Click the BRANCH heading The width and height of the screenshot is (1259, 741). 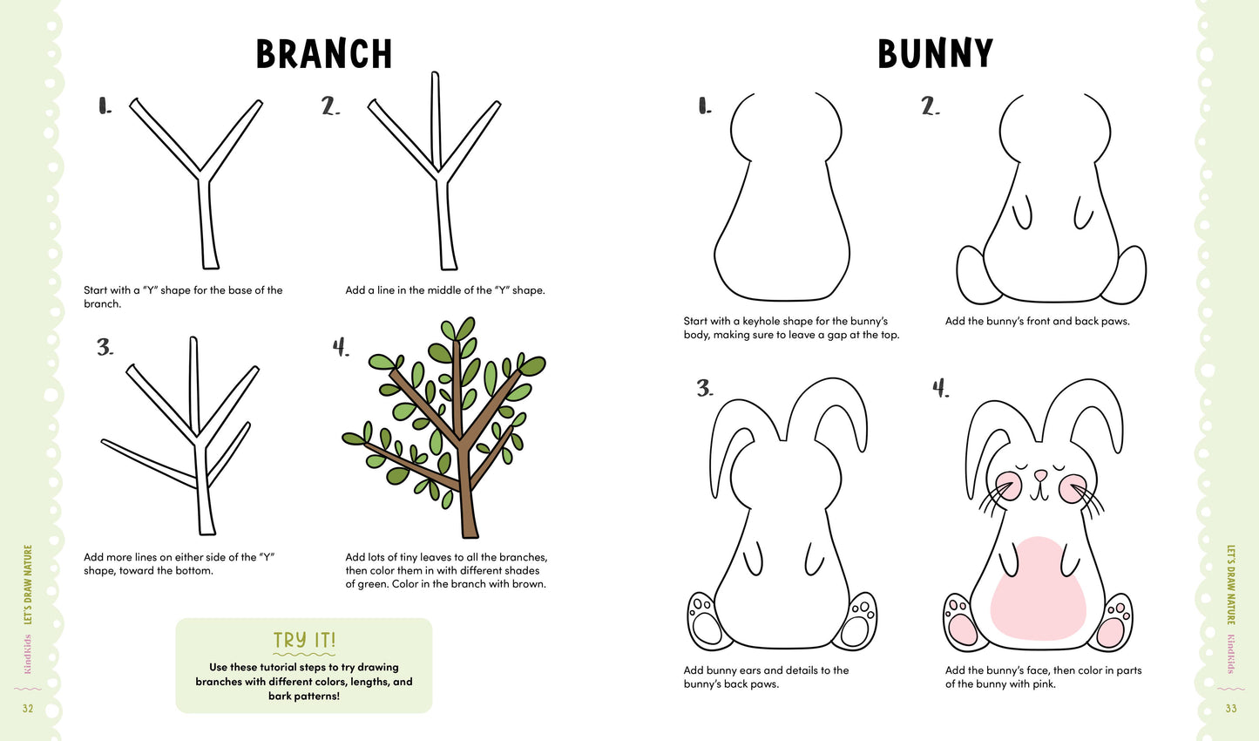coord(324,54)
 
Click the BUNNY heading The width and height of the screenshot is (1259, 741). coord(935,54)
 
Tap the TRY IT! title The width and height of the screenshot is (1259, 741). coord(304,640)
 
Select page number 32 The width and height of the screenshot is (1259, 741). coord(28,708)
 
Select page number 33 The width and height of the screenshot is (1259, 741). coord(1230,708)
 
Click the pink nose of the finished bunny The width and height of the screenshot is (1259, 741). coord(1039,476)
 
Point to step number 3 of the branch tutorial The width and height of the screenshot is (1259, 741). coord(105,348)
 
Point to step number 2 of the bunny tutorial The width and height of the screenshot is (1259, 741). coord(931,107)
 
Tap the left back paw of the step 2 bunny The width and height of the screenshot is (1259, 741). coord(971,275)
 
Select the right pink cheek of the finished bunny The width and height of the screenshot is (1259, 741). coord(1072,488)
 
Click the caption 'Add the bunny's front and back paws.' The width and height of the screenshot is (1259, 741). coord(1037,321)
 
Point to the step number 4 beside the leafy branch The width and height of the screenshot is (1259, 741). coord(341,348)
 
